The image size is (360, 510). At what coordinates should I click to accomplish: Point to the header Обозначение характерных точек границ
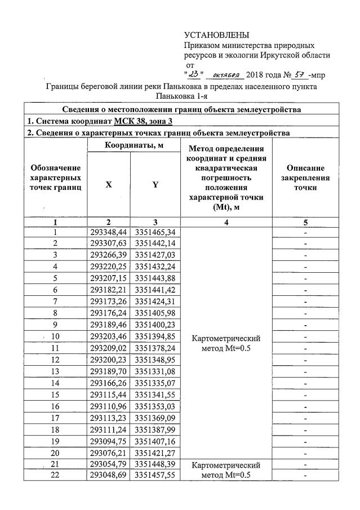point(55,177)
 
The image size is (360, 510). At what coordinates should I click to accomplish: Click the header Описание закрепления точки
point(305,177)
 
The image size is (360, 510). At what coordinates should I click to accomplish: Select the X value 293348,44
point(109,232)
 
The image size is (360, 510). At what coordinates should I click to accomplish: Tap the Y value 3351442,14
point(155,243)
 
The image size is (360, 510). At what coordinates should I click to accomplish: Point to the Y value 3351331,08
point(155,371)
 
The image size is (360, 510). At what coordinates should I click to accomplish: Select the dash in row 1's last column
point(305,232)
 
